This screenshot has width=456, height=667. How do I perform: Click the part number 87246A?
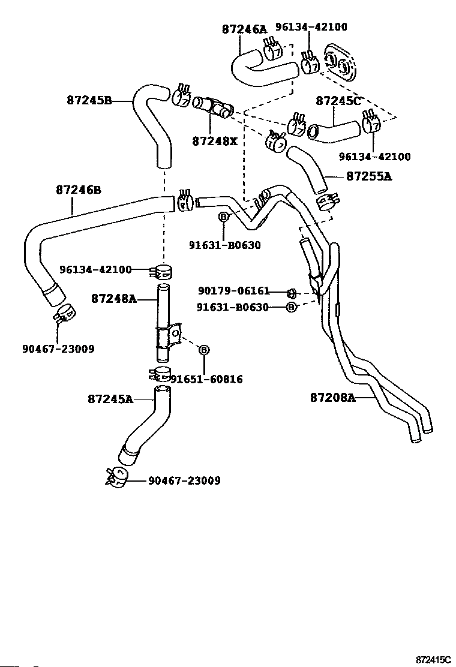click(x=244, y=28)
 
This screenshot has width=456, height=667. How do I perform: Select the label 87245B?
click(x=89, y=100)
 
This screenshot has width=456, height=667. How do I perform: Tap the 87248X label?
click(x=215, y=142)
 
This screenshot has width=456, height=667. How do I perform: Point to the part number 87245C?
click(x=338, y=100)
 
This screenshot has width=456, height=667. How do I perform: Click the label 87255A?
click(x=368, y=176)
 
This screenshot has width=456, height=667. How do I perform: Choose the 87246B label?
click(x=78, y=190)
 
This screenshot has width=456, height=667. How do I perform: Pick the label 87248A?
click(x=114, y=298)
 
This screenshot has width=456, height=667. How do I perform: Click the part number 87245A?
click(x=110, y=399)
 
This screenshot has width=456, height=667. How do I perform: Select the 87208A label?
click(x=333, y=397)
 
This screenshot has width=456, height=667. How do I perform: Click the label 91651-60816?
click(x=206, y=379)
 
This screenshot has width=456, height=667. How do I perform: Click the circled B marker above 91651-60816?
click(x=203, y=350)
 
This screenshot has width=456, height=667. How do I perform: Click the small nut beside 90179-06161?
click(x=291, y=293)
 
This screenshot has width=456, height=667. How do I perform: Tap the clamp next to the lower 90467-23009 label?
click(x=116, y=475)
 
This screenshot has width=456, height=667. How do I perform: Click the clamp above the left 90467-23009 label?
click(x=64, y=313)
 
